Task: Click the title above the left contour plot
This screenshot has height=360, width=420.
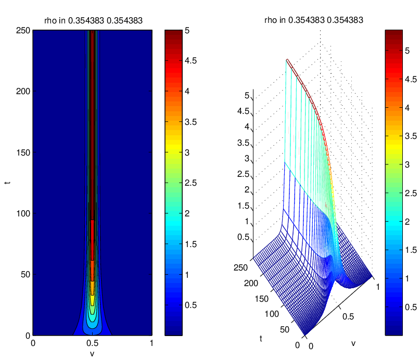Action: point(93,21)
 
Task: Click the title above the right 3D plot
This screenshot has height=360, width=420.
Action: point(314,20)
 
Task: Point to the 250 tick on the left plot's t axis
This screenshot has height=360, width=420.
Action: point(23,31)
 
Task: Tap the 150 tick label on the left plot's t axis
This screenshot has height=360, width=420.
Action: point(23,152)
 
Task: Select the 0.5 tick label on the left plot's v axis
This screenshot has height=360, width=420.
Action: point(93,343)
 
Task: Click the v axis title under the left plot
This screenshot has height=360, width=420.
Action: point(92,354)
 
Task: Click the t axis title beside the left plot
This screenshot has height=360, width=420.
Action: point(7,183)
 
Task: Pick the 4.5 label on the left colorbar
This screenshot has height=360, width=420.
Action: point(190,61)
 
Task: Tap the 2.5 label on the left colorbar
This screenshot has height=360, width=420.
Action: point(190,183)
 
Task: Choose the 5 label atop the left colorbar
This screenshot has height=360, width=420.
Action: point(187,31)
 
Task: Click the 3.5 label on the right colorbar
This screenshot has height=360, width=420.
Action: point(411,136)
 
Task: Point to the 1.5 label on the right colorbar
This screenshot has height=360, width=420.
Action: point(411,250)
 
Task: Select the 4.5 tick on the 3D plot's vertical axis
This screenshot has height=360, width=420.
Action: point(243,111)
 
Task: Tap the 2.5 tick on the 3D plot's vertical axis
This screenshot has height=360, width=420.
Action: point(243,174)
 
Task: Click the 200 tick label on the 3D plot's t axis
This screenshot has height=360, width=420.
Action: point(251,283)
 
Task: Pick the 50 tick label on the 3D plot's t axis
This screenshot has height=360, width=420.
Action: point(285,329)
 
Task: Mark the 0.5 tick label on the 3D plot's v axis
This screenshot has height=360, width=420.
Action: point(348,317)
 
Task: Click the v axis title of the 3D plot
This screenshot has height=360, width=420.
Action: point(353,344)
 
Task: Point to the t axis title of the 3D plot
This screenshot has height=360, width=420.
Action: point(261,339)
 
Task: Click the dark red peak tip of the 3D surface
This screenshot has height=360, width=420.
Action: point(287,60)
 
